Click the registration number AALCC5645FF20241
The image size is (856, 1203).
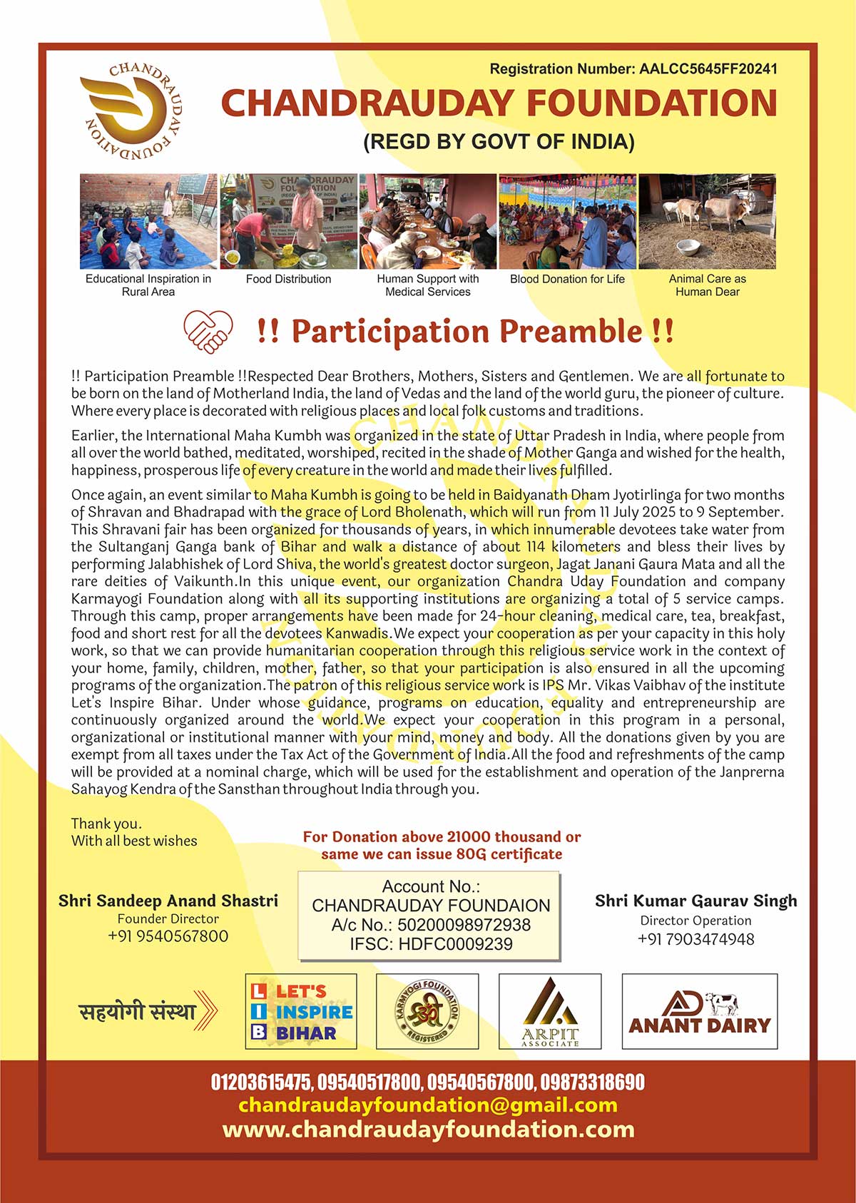708,69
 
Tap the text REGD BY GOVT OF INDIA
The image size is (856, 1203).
499,141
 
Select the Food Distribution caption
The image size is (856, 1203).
288,279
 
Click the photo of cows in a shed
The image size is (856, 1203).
706,221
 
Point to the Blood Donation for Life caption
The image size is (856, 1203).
567,279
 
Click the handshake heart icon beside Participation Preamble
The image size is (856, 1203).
208,332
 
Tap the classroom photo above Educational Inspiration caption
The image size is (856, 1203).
148,221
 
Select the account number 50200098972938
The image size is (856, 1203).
464,925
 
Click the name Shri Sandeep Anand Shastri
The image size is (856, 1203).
168,901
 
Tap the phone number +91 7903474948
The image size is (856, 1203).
695,939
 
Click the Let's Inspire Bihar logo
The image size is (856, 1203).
300,1011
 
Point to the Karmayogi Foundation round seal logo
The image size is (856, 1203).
427,1011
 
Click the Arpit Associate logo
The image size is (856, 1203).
549,1011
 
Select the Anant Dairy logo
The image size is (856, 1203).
699,1011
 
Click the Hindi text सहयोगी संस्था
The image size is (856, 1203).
137,1011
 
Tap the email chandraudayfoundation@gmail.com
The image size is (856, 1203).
427,1105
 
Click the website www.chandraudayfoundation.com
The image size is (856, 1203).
427,1130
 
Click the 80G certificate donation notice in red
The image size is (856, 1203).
442,845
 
